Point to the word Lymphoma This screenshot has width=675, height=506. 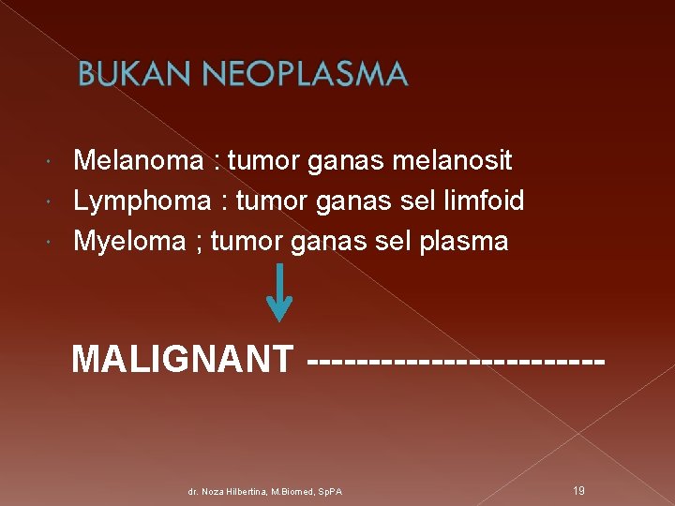142,201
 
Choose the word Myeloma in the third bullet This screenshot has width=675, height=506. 129,242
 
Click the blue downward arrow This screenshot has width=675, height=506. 279,292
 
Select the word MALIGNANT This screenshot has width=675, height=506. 183,359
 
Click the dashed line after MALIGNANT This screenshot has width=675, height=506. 455,359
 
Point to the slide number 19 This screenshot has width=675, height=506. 578,490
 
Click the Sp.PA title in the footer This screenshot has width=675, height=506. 329,491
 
